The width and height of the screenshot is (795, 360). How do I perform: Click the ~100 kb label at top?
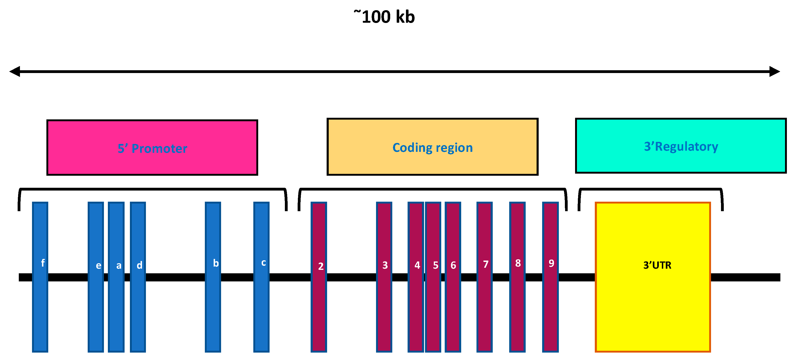385,17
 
